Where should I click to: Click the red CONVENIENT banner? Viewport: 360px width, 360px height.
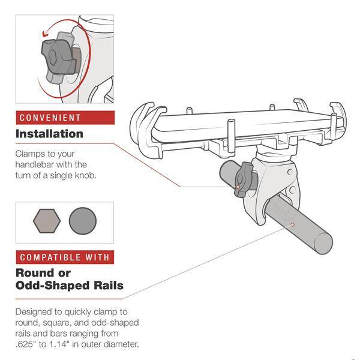(65, 117)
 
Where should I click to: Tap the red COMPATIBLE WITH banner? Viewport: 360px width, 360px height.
(65, 257)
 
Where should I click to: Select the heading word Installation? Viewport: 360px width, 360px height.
(49, 134)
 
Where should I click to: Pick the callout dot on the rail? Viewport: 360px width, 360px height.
(292, 224)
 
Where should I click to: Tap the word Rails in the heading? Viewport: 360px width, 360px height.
(107, 285)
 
